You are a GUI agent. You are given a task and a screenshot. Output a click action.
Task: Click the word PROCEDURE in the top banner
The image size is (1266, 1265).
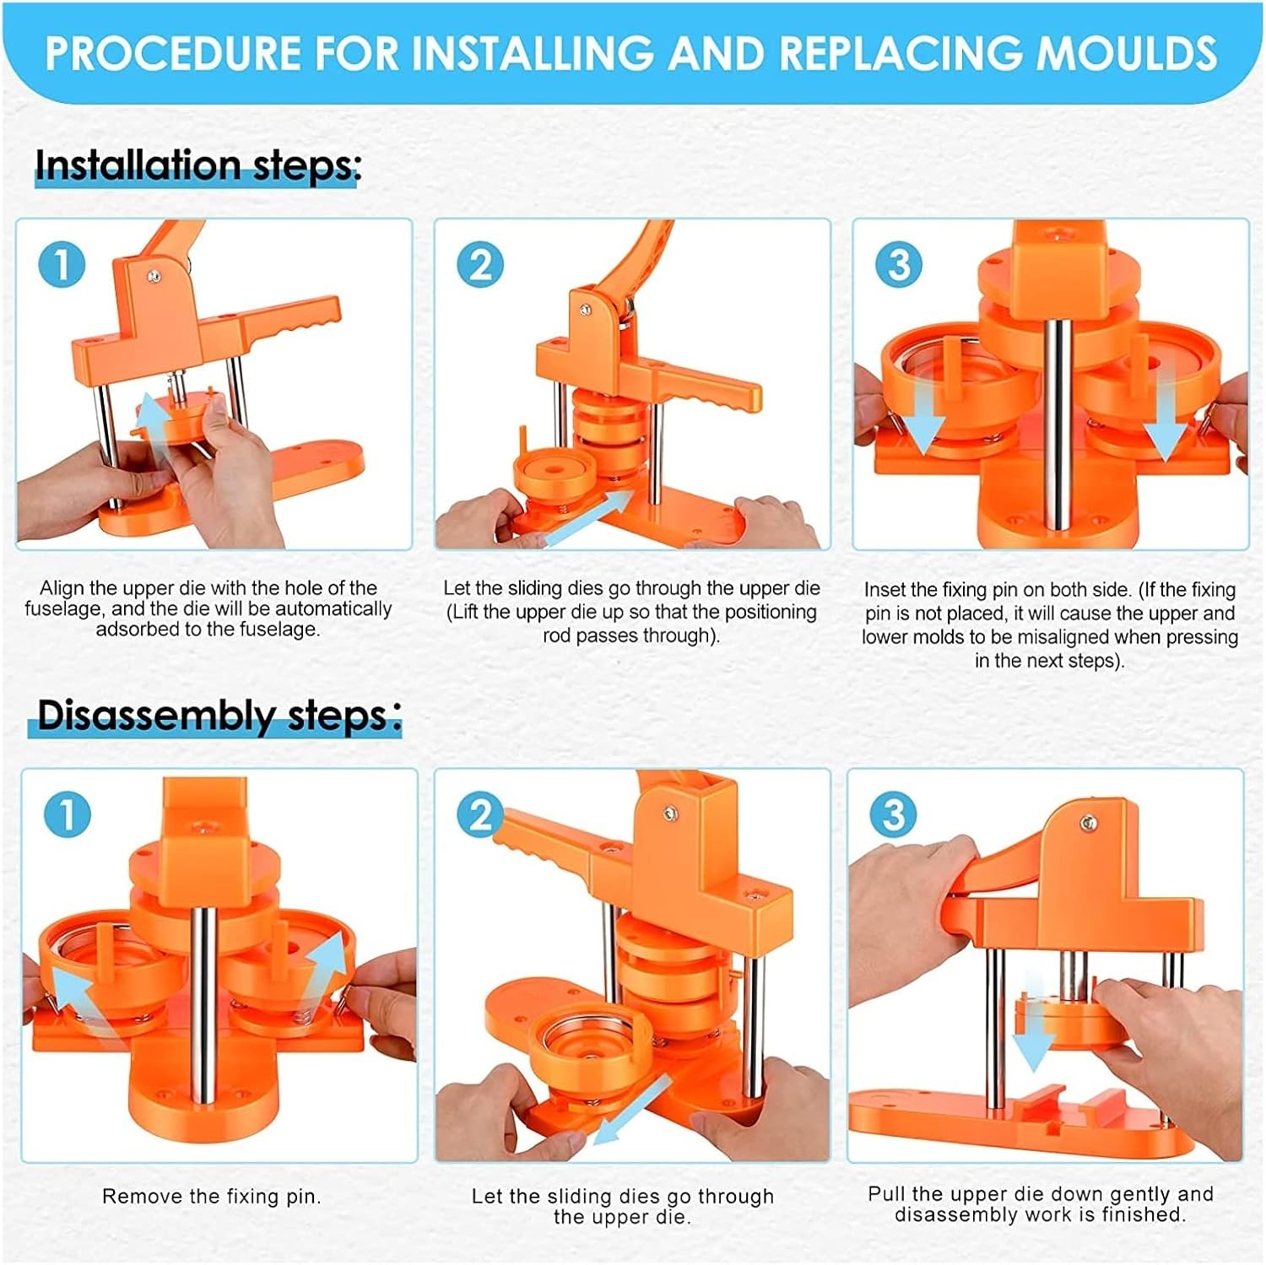click(172, 52)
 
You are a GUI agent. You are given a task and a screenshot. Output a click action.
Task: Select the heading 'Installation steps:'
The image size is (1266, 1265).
click(197, 166)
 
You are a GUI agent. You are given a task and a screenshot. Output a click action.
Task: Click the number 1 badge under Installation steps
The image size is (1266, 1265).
click(62, 264)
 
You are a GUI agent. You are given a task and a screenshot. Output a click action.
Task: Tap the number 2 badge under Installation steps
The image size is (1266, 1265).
click(480, 264)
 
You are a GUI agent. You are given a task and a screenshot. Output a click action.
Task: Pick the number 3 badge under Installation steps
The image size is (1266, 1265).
click(899, 264)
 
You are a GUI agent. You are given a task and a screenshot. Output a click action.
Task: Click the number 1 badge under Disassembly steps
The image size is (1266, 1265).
click(67, 814)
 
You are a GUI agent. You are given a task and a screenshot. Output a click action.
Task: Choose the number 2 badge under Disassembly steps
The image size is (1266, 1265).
click(480, 814)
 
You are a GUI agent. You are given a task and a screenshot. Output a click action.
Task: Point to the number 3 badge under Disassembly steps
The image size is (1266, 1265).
click(893, 814)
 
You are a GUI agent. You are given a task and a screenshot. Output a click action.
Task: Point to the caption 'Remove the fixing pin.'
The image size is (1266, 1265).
click(212, 1197)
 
